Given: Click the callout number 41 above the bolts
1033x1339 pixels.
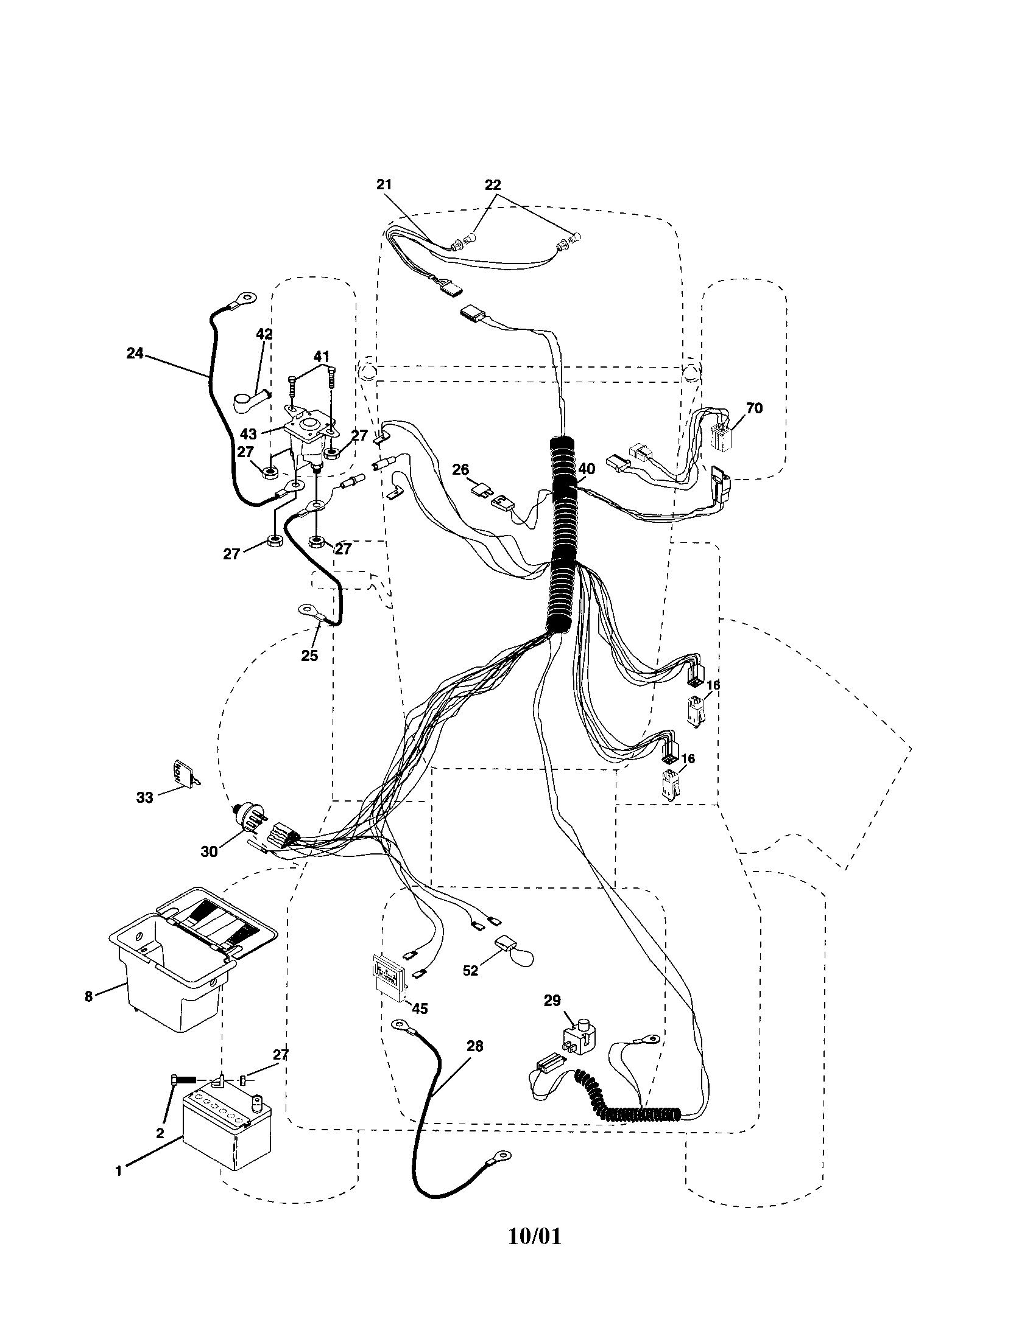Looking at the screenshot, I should point(322,356).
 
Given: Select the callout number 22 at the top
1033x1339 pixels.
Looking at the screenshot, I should point(493,184).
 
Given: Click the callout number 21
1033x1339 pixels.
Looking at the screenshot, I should point(384,184).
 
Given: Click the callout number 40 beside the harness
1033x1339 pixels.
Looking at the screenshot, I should point(587,469).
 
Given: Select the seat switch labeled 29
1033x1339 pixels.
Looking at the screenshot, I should point(579,1038).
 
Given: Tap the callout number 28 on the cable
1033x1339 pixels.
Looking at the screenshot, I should point(474,1046).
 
